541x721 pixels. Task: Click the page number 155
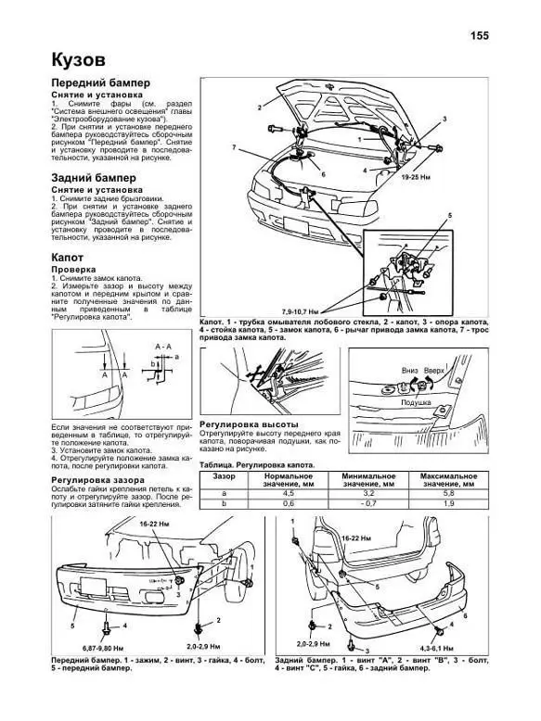[479, 36]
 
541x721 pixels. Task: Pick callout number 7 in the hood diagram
[235, 148]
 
